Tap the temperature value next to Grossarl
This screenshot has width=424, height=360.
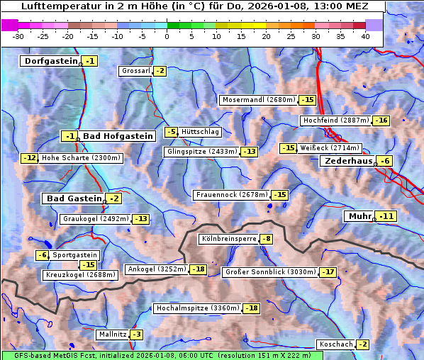pyautogui.click(x=160, y=71)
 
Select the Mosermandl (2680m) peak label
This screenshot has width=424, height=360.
pyautogui.click(x=259, y=100)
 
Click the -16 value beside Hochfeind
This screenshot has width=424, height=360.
pyautogui.click(x=381, y=120)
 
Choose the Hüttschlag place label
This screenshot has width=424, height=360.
pyautogui.click(x=201, y=132)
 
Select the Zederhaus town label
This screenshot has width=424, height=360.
pyautogui.click(x=348, y=162)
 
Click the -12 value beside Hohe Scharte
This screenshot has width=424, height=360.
pyautogui.click(x=29, y=158)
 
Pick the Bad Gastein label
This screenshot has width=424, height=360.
pyautogui.click(x=74, y=198)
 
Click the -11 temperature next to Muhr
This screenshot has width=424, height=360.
pyautogui.click(x=386, y=216)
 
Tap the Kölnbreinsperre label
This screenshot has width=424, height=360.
pyautogui.click(x=228, y=240)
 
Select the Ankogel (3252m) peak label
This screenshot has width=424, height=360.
pyautogui.click(x=156, y=269)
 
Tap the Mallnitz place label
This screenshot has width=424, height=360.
pyautogui.click(x=112, y=334)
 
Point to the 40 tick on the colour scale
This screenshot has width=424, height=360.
pyautogui.click(x=365, y=35)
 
